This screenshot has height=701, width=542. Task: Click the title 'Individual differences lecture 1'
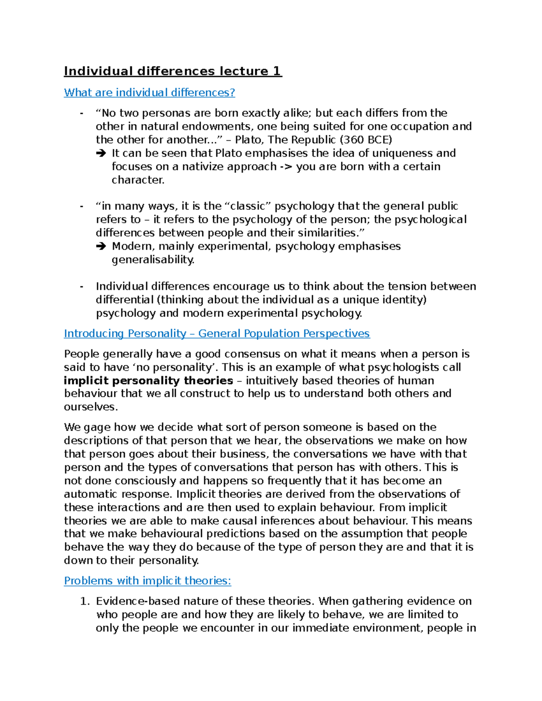(x=173, y=71)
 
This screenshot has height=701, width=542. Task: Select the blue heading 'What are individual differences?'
(x=150, y=93)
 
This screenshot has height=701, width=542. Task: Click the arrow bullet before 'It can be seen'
(x=101, y=153)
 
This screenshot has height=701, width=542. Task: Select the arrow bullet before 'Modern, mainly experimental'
(x=101, y=246)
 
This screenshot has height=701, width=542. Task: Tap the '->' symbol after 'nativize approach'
(x=286, y=167)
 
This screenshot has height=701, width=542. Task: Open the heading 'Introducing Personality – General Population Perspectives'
(x=217, y=334)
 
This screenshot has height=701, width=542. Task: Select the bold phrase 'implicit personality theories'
(x=149, y=381)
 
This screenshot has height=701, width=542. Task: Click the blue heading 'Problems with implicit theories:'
(x=147, y=580)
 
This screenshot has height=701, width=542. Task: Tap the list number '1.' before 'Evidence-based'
(x=84, y=601)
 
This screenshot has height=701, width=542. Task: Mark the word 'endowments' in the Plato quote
(x=212, y=126)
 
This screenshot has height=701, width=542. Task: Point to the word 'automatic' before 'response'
(x=92, y=494)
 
